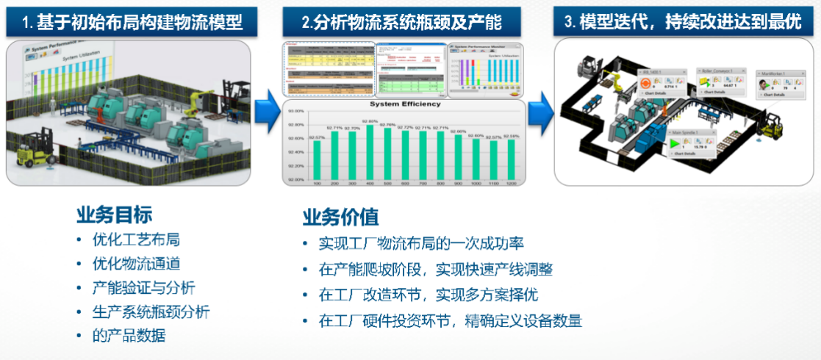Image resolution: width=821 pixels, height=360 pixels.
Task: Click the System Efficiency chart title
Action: point(404,104)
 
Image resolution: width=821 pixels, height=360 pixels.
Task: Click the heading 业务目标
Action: point(114,215)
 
